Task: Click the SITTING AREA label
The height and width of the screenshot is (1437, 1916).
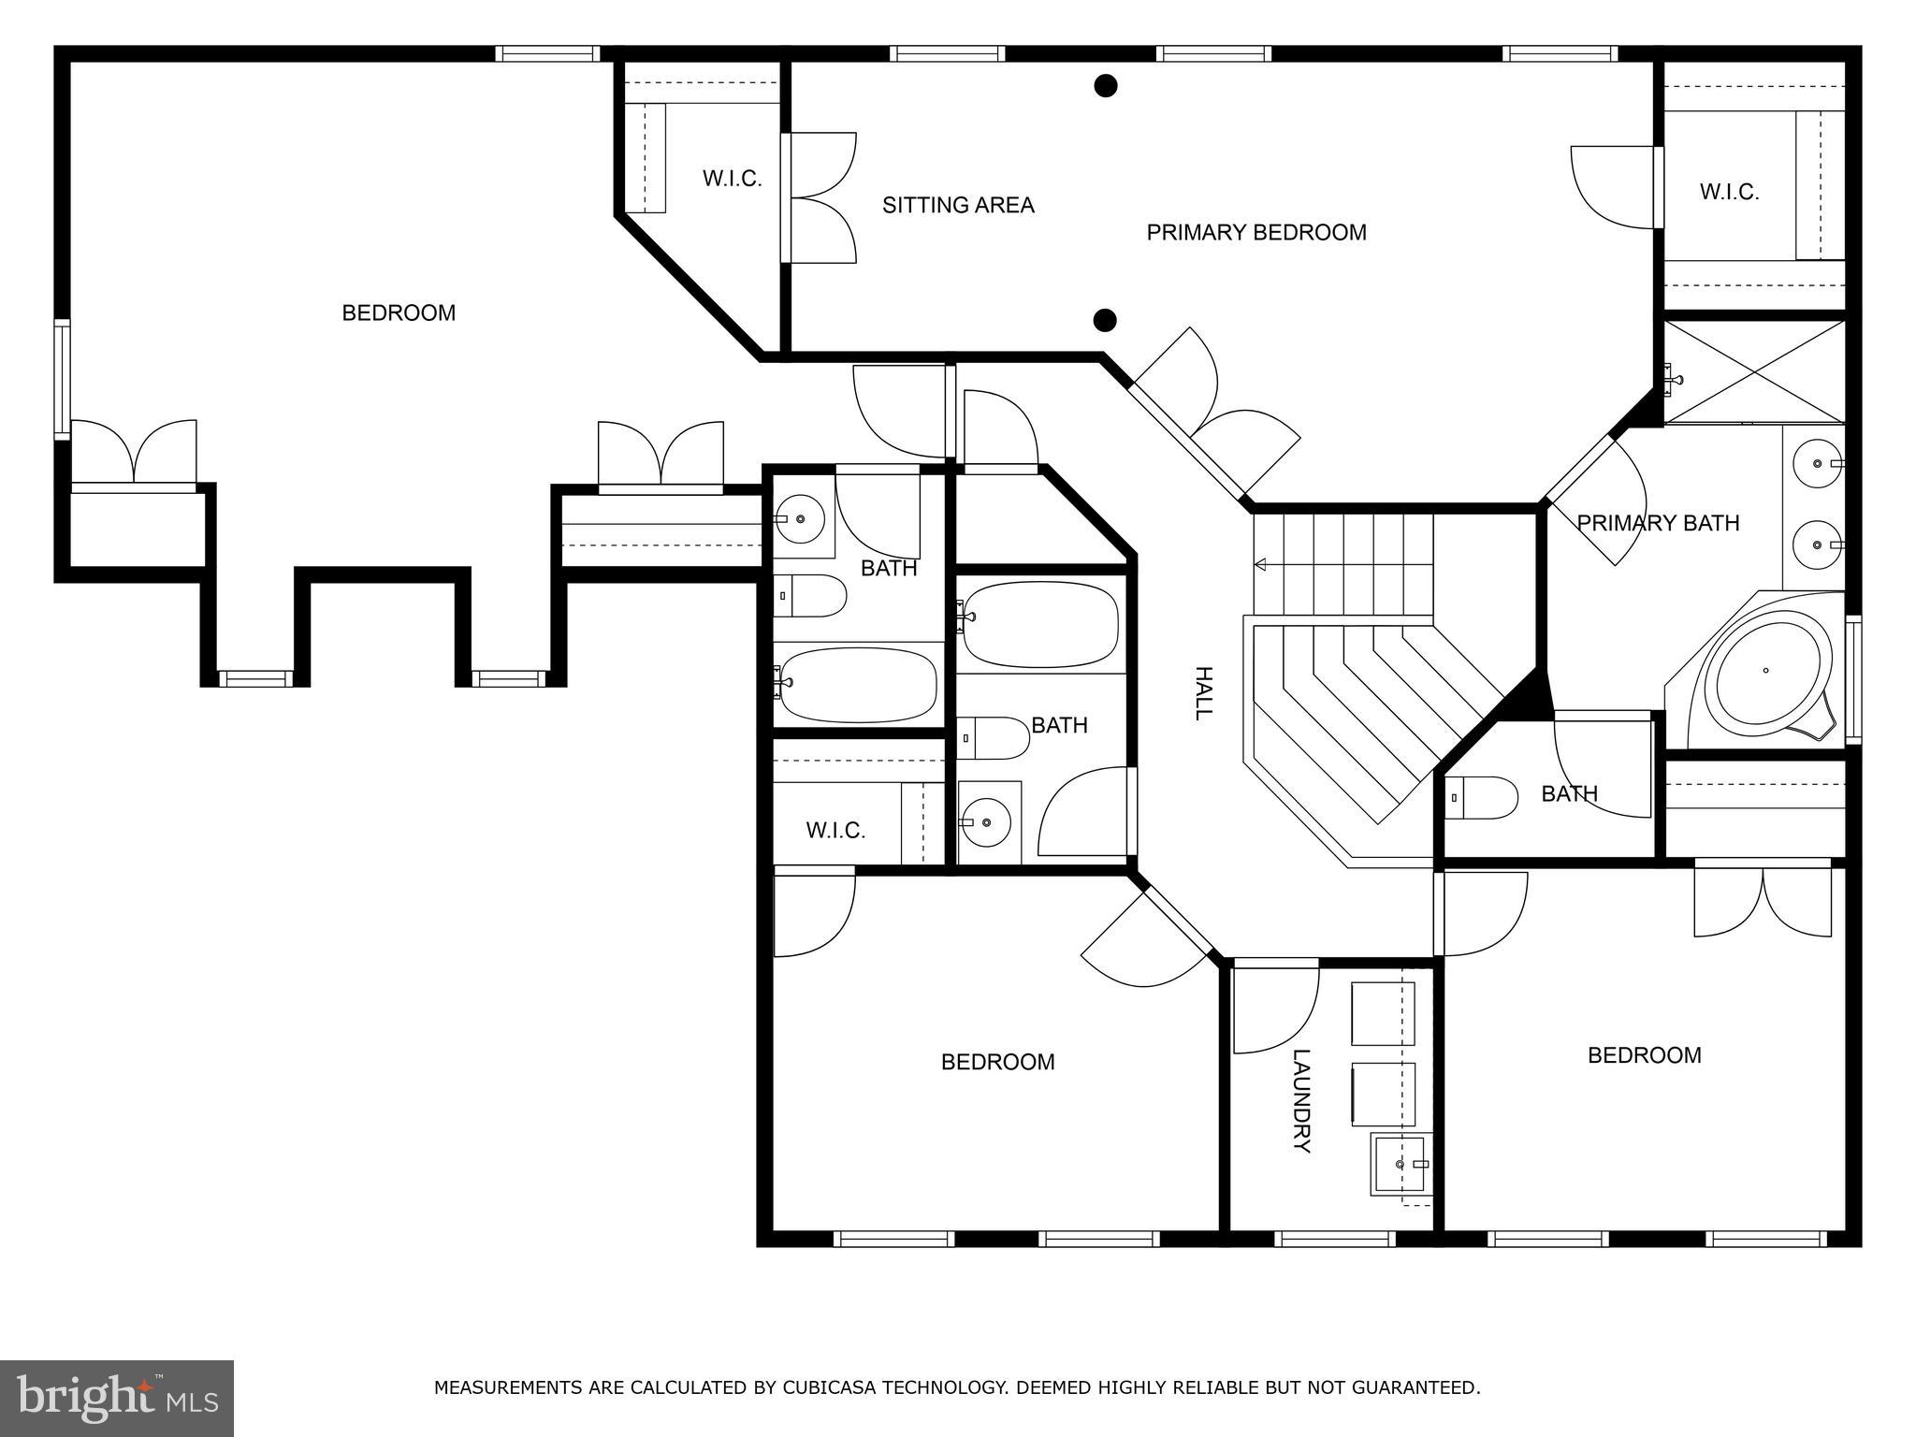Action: (x=958, y=205)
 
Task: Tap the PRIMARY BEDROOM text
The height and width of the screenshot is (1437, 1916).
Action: (x=1256, y=232)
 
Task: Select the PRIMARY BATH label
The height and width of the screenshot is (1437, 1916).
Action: (x=1658, y=523)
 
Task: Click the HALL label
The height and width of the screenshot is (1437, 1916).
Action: (x=1203, y=693)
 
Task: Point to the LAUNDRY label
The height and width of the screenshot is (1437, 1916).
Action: (x=1300, y=1101)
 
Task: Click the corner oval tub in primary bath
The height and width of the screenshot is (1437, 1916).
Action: (x=1767, y=670)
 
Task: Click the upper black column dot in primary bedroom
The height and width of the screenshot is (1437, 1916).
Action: (x=1106, y=86)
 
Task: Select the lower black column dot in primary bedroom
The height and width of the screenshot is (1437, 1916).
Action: (x=1106, y=321)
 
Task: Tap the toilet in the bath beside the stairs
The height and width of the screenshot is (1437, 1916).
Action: (x=1481, y=798)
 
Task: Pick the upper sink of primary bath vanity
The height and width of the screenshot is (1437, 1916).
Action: (x=1818, y=463)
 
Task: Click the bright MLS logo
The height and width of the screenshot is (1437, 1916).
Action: (x=117, y=1399)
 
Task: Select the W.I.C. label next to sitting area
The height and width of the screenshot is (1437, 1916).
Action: (x=733, y=179)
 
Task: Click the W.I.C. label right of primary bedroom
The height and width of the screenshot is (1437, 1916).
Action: (x=1729, y=192)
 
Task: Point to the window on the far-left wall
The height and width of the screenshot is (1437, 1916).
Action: (x=62, y=379)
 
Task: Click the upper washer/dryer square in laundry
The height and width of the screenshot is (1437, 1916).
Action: (x=1383, y=1013)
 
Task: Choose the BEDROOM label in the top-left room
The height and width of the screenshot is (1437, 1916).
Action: (x=399, y=313)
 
